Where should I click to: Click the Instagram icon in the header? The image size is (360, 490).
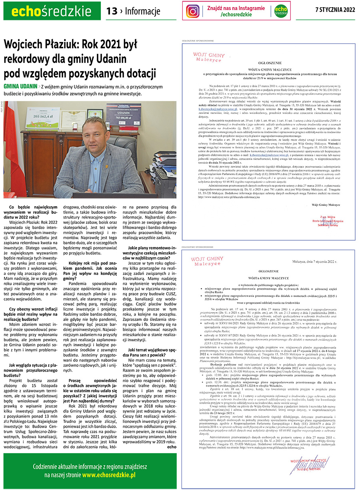point(192,11)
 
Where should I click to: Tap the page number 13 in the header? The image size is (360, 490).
point(112,11)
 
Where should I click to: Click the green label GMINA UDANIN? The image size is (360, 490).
point(20,86)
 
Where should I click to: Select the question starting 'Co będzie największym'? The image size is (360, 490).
point(32,212)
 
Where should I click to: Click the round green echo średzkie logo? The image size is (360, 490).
point(282,11)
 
